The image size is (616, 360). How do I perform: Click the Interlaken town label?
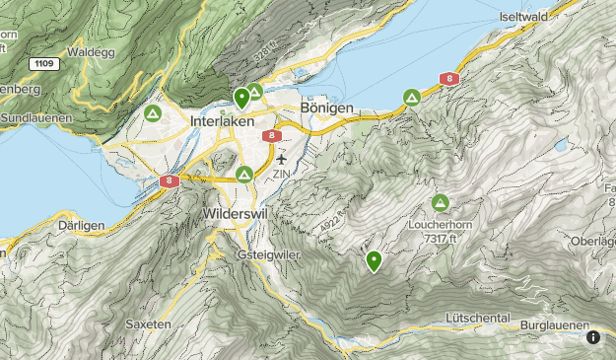[222, 119]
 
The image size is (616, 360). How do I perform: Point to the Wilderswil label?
[234, 212]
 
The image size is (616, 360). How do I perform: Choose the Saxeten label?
[149, 324]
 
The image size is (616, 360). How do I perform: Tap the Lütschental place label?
[477, 319]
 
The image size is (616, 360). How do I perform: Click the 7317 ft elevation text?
[441, 239]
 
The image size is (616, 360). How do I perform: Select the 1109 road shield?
[43, 63]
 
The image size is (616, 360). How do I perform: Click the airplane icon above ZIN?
[282, 158]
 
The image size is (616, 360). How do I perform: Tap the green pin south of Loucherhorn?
[374, 260]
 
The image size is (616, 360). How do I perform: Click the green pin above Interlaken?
[240, 98]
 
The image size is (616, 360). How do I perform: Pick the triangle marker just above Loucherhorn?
[440, 203]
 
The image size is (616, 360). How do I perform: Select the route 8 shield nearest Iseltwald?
[448, 78]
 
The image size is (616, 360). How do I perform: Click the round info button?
[593, 337]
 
